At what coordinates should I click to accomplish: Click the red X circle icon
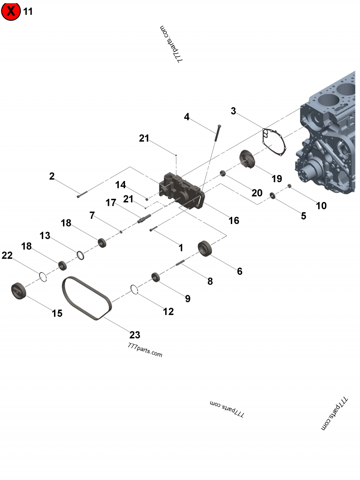coord(11,11)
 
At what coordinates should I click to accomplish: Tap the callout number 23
coord(135,335)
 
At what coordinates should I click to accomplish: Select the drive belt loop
coord(86,298)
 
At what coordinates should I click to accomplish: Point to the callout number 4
coord(187,117)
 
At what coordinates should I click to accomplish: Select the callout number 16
coord(234,220)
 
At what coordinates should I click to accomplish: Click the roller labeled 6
coord(205,248)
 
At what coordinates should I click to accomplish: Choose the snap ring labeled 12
coord(134,289)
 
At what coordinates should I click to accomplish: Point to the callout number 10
coord(321,206)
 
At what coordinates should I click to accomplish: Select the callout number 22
coord(7,256)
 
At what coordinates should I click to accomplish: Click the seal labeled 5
coord(273,195)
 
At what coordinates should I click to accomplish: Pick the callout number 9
coord(188,298)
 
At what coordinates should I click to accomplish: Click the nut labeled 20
coord(222,173)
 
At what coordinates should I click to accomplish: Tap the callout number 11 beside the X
coord(28,11)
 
